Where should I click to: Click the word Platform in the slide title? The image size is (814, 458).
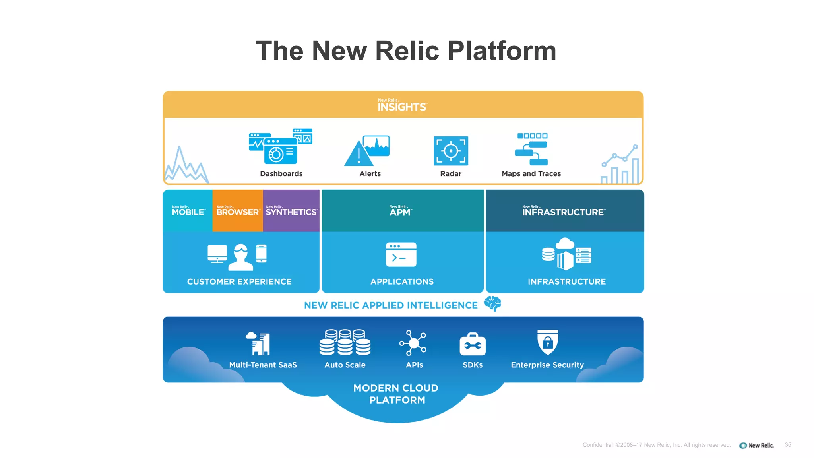(502, 51)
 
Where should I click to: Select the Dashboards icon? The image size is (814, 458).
(280, 147)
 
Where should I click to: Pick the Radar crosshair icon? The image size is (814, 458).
(451, 151)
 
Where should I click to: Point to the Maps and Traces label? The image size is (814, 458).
(531, 174)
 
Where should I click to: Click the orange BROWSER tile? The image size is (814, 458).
(237, 211)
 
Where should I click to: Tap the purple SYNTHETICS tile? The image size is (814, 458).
(291, 211)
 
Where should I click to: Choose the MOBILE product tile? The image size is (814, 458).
(188, 211)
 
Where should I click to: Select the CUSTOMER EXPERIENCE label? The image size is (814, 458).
(239, 281)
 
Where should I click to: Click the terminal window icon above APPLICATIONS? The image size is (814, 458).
(401, 254)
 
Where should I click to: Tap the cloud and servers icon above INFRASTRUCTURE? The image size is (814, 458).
(566, 254)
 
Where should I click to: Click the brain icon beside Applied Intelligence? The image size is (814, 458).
(492, 304)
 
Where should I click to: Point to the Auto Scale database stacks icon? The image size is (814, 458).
(345, 342)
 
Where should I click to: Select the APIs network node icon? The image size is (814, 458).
(413, 343)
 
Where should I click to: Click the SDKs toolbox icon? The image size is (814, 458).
(472, 344)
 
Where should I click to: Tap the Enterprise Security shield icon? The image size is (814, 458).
(547, 342)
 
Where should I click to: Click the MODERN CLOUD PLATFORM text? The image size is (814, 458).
(396, 394)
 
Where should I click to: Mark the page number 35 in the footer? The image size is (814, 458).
(788, 445)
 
